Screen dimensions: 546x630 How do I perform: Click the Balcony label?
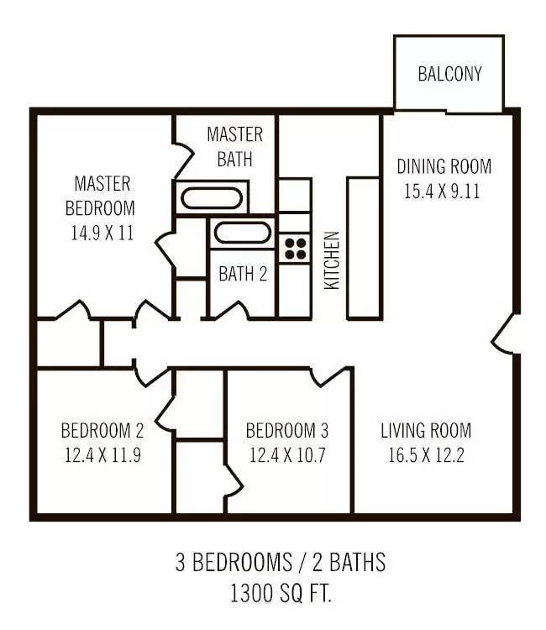(x=449, y=74)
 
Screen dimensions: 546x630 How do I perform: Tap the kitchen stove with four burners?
(x=296, y=249)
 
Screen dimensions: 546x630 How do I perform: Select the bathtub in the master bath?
(x=212, y=197)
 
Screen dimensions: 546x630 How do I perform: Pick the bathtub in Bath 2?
(x=242, y=233)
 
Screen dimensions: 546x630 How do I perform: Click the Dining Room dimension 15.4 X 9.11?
(x=442, y=192)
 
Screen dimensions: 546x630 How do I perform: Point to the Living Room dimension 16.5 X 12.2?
(x=426, y=455)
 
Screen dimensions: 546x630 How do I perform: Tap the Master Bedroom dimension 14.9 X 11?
(x=102, y=233)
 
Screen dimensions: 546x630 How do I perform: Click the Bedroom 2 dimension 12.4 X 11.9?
(x=102, y=455)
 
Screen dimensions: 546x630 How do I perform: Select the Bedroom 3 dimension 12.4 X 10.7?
(x=287, y=455)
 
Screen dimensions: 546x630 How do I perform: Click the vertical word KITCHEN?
(x=333, y=260)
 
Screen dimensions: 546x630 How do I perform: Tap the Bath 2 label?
(x=243, y=274)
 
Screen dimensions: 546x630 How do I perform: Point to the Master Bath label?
(x=235, y=147)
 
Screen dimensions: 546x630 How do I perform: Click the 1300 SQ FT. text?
(x=281, y=593)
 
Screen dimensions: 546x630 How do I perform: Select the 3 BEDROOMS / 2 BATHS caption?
(x=281, y=562)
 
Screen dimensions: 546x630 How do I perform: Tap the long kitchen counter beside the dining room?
(x=364, y=249)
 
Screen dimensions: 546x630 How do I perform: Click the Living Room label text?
(x=426, y=431)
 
